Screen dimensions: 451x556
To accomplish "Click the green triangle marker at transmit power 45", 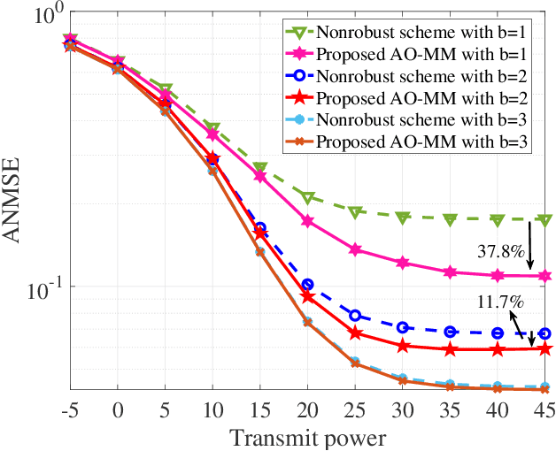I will [x=544, y=220].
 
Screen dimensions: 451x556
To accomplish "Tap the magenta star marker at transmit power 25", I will [x=355, y=250].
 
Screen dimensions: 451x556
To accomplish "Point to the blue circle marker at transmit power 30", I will [x=403, y=327].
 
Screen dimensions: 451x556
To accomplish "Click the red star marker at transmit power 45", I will [x=544, y=349].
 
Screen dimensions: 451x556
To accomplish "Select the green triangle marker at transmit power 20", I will [x=307, y=198].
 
